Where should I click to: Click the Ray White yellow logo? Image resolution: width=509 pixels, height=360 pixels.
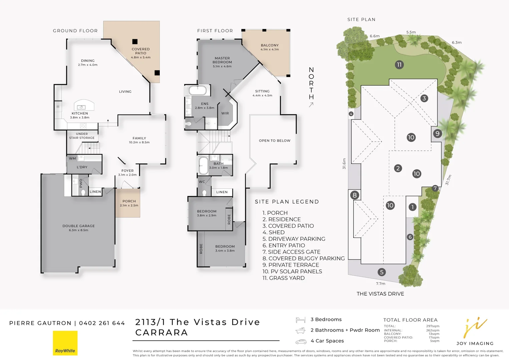[65, 343]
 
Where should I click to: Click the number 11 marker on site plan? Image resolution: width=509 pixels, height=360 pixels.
[399, 65]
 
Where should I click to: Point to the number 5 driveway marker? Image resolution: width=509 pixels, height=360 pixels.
[382, 272]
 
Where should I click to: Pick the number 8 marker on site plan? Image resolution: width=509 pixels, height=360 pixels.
[355, 195]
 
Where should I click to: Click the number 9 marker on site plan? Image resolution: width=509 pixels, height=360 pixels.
[438, 134]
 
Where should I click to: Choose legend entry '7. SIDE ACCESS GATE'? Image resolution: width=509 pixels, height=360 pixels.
[291, 252]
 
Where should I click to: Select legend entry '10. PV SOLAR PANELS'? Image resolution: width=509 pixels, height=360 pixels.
[292, 271]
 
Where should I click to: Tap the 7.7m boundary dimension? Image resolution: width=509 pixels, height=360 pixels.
[381, 284]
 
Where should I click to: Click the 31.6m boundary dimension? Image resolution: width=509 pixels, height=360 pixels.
[344, 164]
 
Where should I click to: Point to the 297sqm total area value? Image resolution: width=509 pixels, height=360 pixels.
[433, 326]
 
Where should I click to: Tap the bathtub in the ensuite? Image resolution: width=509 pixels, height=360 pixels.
[198, 90]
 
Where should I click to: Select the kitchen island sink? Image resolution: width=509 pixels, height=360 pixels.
[81, 107]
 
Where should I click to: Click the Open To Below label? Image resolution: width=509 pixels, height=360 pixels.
[275, 141]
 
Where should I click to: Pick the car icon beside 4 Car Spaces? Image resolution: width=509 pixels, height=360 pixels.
[301, 341]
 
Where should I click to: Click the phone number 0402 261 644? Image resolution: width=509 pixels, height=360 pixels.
[102, 323]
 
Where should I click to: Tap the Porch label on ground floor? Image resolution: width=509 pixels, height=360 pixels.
[129, 201]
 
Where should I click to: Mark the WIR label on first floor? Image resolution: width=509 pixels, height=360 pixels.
[225, 113]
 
